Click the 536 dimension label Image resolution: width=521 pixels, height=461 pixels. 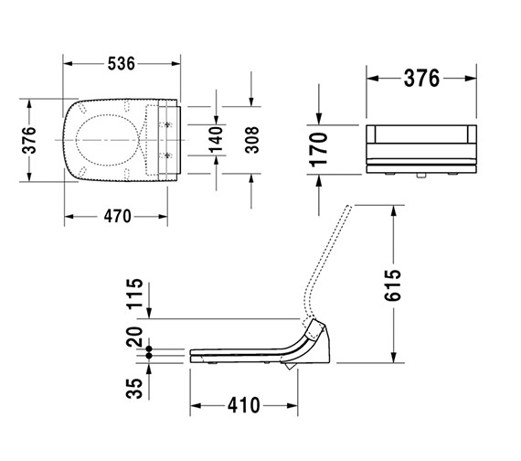pyautogui.click(x=121, y=63)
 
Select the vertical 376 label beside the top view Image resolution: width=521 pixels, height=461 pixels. pyautogui.click(x=30, y=139)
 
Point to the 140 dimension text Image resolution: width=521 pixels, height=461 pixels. pyautogui.click(x=217, y=139)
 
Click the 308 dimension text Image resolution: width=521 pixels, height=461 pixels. pyautogui.click(x=252, y=139)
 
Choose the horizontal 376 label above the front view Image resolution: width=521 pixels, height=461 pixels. pyautogui.click(x=421, y=79)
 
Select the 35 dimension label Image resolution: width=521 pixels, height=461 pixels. pyautogui.click(x=135, y=387)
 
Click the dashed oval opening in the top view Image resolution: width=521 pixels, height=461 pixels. pyautogui.click(x=107, y=139)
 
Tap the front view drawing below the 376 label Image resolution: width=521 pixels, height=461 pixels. pyautogui.click(x=421, y=146)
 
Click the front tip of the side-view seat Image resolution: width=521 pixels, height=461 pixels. pyautogui.click(x=192, y=354)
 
